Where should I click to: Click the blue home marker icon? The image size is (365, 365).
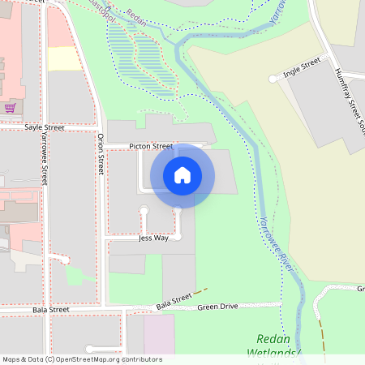182,175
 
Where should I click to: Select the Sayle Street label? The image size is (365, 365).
44,128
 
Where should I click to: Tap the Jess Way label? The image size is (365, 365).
153,238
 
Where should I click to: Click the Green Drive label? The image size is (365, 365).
217,307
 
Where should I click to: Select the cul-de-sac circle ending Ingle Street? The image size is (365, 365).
273,79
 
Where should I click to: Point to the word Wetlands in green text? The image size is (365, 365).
273,354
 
